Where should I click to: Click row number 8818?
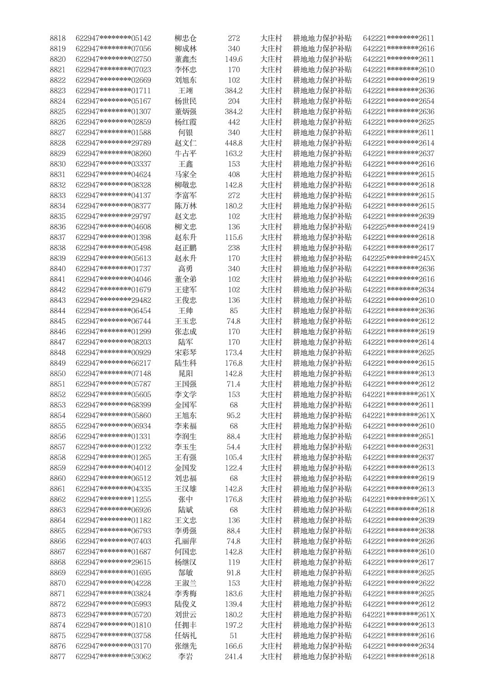pos(58,38)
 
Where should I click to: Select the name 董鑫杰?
pos(186,59)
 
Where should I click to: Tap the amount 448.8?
pos(234,143)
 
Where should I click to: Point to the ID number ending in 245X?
pos(398,258)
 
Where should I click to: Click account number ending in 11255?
pos(113,499)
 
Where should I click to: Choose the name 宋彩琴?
pos(186,352)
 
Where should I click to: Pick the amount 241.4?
pos(234,656)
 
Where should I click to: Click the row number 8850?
pos(58,373)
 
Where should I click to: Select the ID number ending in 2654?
pos(398,101)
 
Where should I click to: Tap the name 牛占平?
pos(186,153)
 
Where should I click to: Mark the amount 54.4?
pos(234,447)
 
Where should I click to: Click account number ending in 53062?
pos(113,656)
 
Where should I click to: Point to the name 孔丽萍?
pos(186,541)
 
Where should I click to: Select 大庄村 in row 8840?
pos(271,269)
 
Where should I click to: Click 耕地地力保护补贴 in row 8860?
pos(322,478)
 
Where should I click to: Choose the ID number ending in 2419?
pos(398,227)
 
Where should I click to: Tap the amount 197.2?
pos(234,625)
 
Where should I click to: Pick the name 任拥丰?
pos(186,625)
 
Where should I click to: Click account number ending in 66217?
pos(113,363)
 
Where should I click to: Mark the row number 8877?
pos(58,656)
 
